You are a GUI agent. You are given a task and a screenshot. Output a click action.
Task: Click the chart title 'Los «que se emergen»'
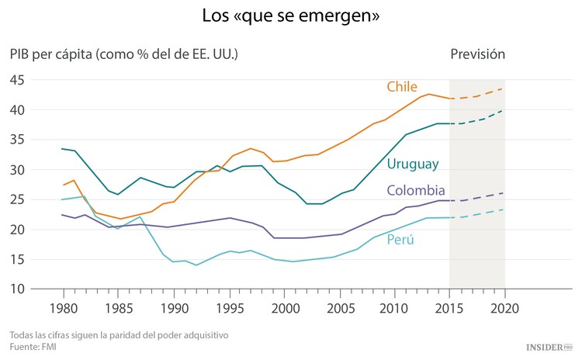[x=291, y=16]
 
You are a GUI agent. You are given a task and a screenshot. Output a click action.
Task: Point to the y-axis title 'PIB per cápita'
[x=124, y=54]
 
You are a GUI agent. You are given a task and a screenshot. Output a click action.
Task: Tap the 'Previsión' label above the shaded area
[x=477, y=54]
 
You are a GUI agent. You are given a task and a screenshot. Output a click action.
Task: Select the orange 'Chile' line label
[x=403, y=86]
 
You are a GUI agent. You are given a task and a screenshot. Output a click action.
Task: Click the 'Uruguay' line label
[x=413, y=164]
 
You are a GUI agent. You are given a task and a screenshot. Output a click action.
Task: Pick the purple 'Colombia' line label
[x=416, y=191]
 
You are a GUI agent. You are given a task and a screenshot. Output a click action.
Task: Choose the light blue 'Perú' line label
[x=400, y=240]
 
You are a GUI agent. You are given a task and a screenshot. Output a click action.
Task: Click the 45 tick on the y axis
[x=18, y=80]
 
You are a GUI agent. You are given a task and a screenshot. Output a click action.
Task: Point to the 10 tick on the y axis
[x=18, y=289]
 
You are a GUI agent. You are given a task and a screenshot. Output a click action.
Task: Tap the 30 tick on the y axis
[x=18, y=170]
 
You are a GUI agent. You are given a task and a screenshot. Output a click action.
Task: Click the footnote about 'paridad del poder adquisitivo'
[x=108, y=335]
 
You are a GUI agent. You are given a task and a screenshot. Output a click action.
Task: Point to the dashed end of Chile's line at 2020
[x=504, y=88]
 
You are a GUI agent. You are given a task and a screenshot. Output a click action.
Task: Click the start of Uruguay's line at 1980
[x=62, y=149]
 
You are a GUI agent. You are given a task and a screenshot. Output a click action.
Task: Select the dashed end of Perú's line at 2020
[x=504, y=209]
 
